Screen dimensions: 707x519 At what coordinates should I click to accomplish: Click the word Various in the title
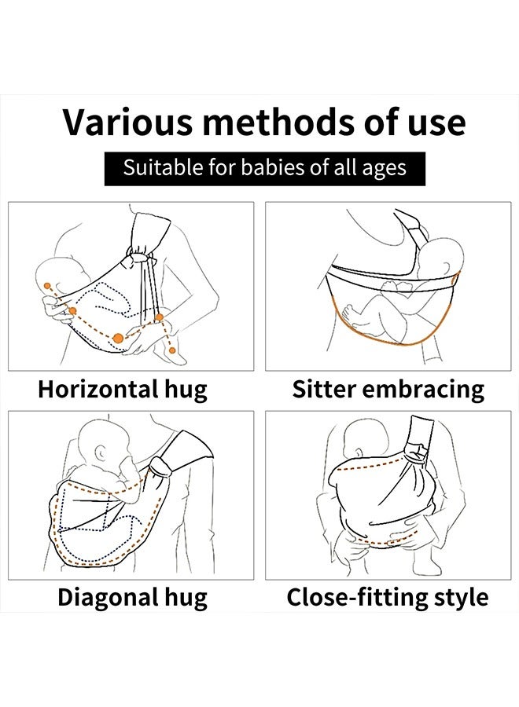point(126,123)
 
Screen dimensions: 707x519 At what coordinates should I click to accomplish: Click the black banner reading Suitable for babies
point(264,168)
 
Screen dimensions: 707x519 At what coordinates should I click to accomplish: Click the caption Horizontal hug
point(123,389)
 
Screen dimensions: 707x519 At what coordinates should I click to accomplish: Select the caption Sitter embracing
point(388,389)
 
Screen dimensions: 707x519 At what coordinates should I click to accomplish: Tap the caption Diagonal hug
point(132,597)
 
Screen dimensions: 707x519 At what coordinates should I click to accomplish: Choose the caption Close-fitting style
point(387,597)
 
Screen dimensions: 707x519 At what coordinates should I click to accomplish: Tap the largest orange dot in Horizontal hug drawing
point(118,338)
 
